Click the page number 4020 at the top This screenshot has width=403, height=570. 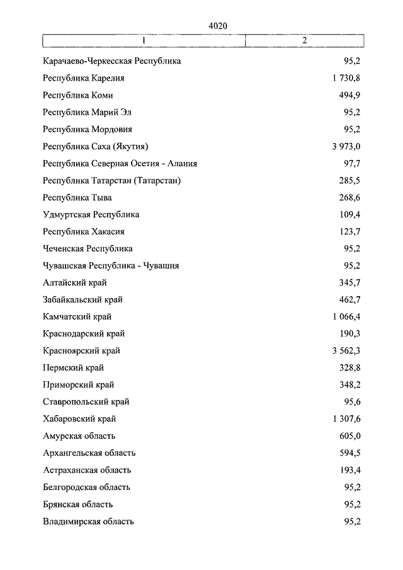point(217,25)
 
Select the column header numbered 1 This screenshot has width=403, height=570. point(144,40)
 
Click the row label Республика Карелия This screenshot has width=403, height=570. point(83,78)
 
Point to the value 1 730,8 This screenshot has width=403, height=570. point(343,78)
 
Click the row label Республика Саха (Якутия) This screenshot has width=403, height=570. point(96,146)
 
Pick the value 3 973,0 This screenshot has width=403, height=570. point(343,146)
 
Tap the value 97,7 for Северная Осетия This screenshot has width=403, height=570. point(351,163)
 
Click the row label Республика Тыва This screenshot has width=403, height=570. point(77,197)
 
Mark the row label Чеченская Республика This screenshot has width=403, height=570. point(88,248)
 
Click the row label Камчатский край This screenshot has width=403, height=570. point(77,316)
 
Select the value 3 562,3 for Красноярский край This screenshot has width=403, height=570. point(343,350)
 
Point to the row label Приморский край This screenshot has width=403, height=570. point(79,384)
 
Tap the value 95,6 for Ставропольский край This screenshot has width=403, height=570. point(351,401)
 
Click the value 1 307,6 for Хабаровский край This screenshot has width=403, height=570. point(343,418)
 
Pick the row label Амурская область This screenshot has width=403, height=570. point(79,435)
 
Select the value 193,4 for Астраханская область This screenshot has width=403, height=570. point(349,469)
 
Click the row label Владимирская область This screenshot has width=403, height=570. point(89,521)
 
